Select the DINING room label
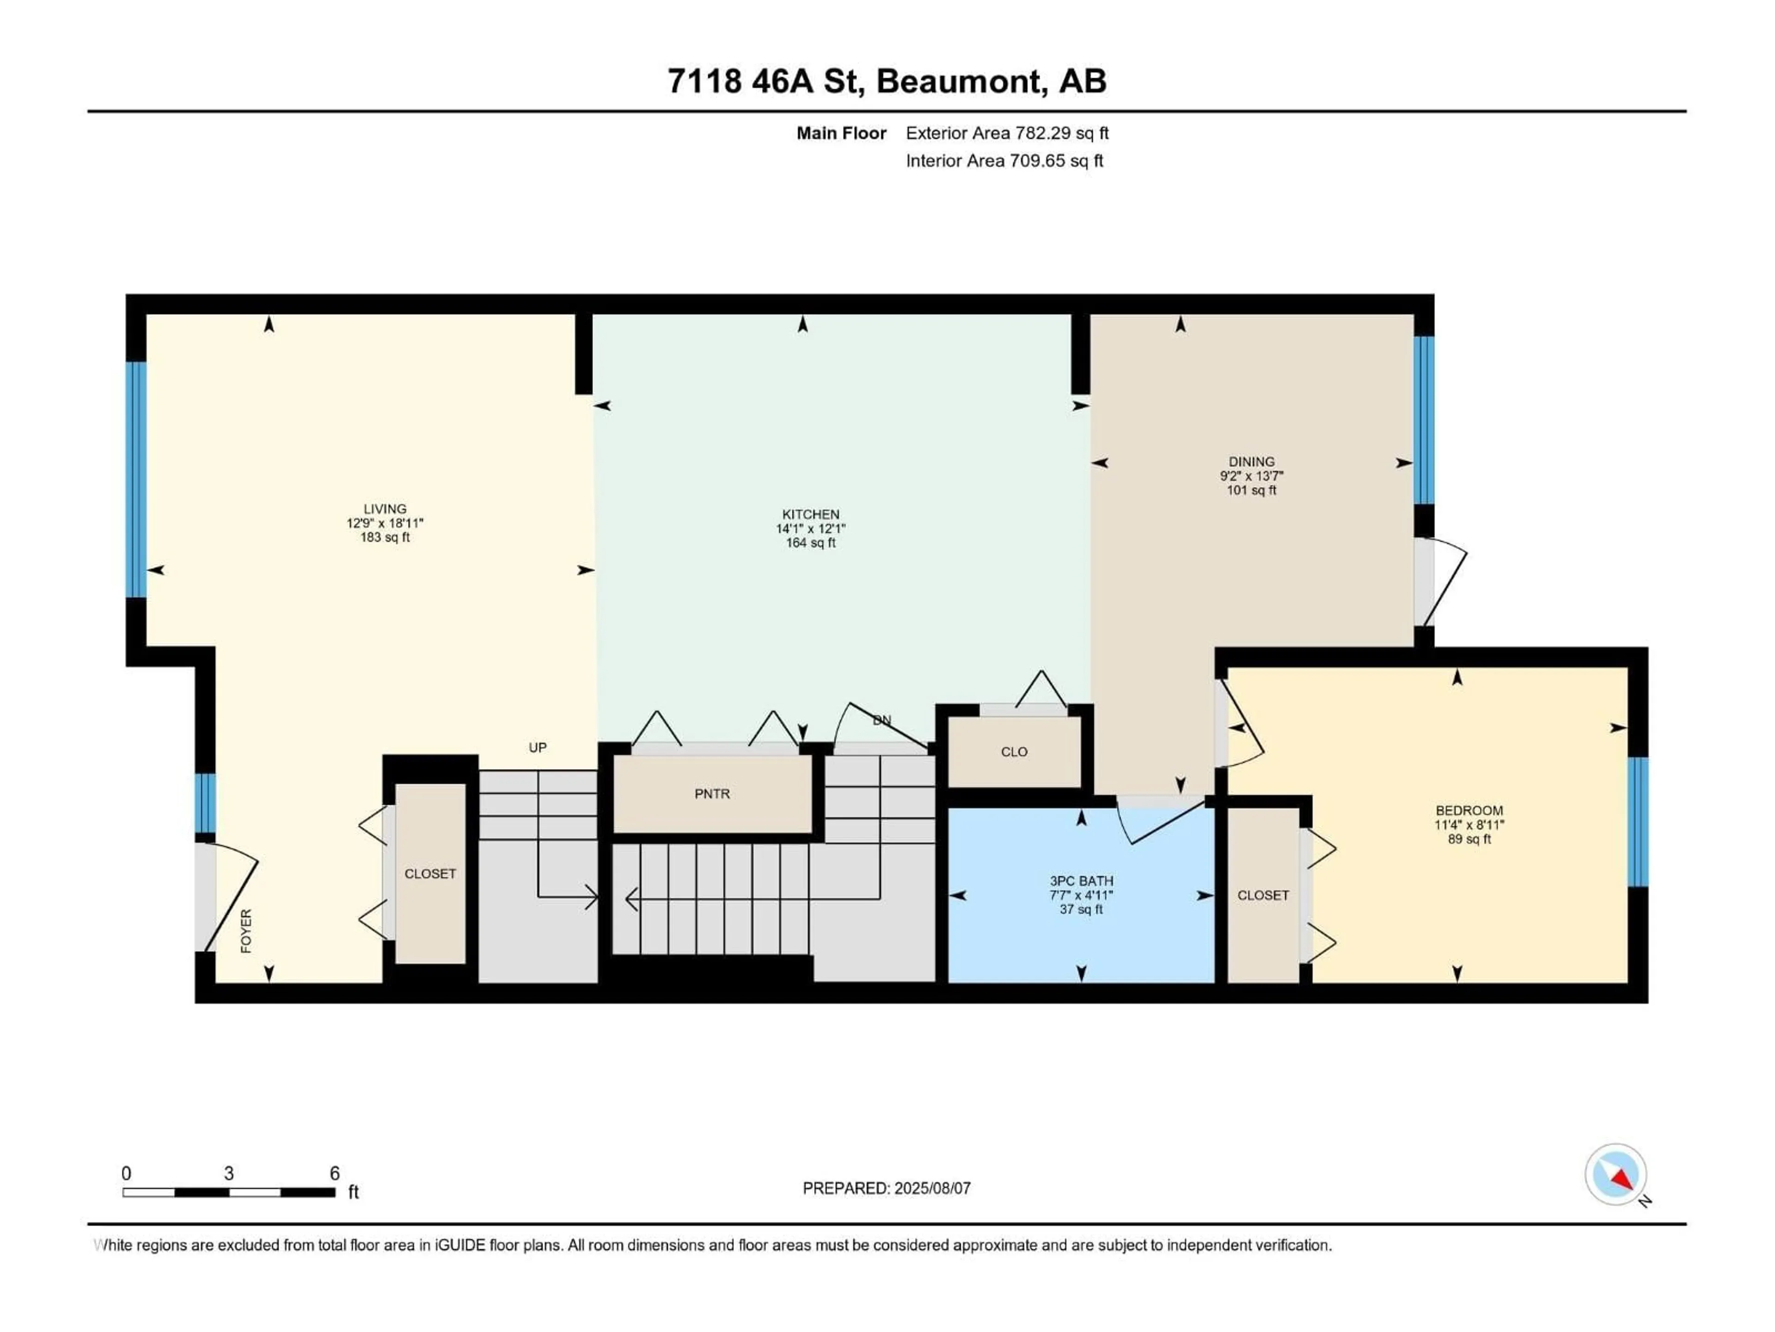1251,462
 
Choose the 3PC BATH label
1081,881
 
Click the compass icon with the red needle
1616,1175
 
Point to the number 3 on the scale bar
229,1174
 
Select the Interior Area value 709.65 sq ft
1056,160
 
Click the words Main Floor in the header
841,133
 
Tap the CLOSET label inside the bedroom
1263,895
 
